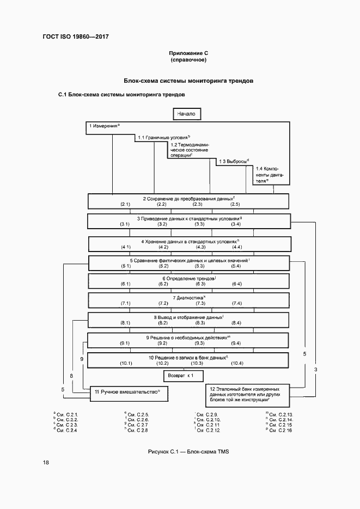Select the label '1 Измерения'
[103, 126]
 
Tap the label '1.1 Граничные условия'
[163, 138]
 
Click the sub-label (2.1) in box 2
[125, 204]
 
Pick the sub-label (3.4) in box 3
[236, 224]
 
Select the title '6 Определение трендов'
[187, 278]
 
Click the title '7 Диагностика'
[188, 298]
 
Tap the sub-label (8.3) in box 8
[199, 323]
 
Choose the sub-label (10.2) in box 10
[162, 363]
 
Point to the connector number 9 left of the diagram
[82, 359]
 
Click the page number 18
[46, 463]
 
